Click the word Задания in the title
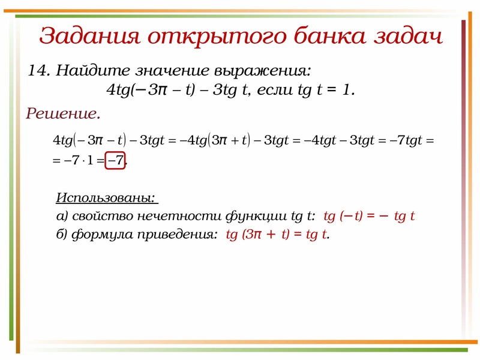[x=89, y=36]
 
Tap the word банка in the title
[x=329, y=35]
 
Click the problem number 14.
[x=39, y=70]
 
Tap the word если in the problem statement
[x=275, y=90]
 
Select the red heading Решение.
[x=63, y=114]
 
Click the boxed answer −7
[x=115, y=160]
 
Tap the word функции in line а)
[x=256, y=217]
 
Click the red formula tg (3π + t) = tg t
[x=277, y=235]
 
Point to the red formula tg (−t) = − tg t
[x=369, y=216]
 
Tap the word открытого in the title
[x=217, y=37]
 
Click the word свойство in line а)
[x=103, y=216]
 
